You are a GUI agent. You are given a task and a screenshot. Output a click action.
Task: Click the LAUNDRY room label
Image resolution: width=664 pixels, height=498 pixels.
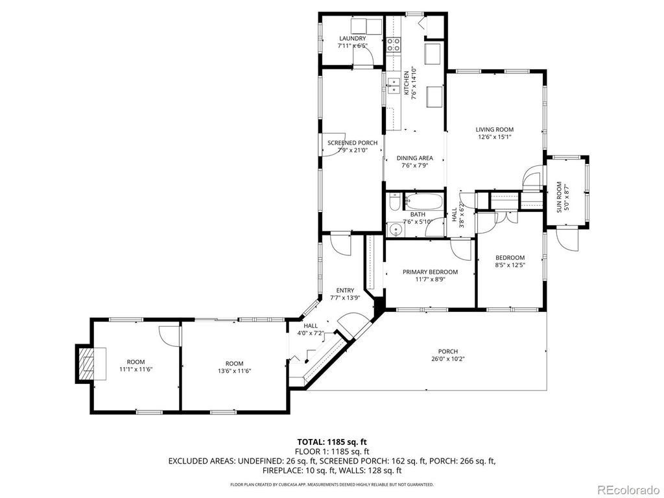tap(352, 39)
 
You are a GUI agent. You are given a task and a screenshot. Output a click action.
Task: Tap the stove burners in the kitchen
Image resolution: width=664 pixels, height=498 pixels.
tap(393, 45)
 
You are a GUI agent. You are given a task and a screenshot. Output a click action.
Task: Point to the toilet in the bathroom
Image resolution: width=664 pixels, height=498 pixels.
tap(394, 206)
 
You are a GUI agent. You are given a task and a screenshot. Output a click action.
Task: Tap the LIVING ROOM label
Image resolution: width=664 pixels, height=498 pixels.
tap(495, 130)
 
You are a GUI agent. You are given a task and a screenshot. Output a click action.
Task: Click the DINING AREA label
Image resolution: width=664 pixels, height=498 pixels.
tap(414, 158)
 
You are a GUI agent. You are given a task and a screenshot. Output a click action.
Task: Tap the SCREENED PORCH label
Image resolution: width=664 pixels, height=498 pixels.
tap(352, 143)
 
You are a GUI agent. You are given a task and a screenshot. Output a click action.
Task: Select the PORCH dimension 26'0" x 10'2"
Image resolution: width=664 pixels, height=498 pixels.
tap(448, 359)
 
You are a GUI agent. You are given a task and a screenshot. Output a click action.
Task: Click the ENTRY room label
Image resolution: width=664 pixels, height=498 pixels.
tap(344, 290)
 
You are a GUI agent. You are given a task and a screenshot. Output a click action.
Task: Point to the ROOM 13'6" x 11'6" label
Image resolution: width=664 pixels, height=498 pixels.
tap(234, 363)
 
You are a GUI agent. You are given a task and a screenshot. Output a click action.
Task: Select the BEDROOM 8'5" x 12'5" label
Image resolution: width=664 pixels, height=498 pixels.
tap(510, 257)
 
